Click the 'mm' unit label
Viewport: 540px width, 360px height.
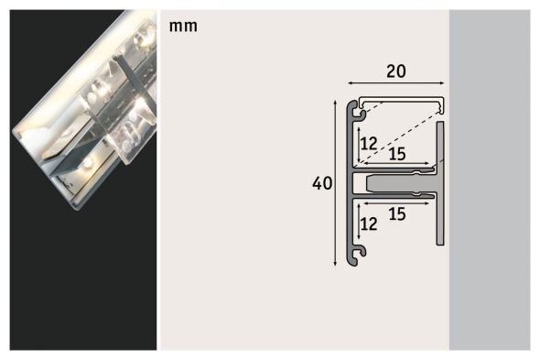(x=182, y=26)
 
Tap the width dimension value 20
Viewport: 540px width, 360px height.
(x=396, y=71)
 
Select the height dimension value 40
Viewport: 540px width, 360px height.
(x=321, y=183)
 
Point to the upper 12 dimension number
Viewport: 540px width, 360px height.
(x=368, y=143)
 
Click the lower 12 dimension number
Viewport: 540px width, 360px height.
(x=368, y=223)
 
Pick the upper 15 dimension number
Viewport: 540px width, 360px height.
(x=397, y=154)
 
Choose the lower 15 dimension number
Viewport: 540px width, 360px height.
(x=397, y=213)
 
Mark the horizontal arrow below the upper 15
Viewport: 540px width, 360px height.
(x=394, y=165)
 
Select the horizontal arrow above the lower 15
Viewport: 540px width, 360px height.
(x=394, y=203)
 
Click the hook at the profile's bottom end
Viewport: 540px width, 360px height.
(x=361, y=251)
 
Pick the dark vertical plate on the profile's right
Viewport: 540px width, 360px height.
(x=440, y=183)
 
